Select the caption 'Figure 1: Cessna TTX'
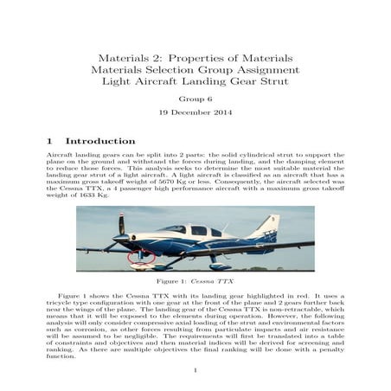(x=195, y=283)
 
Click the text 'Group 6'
(x=195, y=99)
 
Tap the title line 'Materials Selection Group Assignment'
(x=195, y=69)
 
